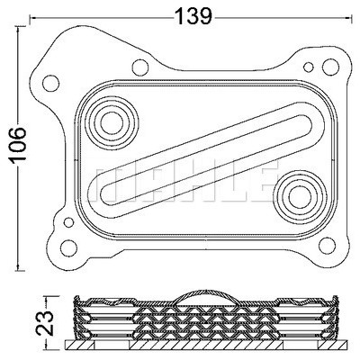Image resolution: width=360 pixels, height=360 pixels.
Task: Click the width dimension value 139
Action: tap(193, 15)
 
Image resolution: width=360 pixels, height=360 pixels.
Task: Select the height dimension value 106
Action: tap(18, 146)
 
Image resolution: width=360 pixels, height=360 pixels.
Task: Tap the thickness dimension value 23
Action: tap(45, 322)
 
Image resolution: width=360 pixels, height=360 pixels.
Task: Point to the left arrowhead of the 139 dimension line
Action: tap(33, 17)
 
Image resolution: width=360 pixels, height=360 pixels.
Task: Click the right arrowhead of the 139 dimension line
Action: tap(348, 17)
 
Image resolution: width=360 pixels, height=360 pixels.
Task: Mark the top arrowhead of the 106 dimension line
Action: tap(20, 30)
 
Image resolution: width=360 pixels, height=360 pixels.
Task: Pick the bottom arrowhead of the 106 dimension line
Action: tap(20, 267)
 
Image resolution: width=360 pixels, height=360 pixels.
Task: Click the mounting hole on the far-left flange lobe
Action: tap(50, 83)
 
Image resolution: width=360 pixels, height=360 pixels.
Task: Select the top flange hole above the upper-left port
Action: tap(140, 67)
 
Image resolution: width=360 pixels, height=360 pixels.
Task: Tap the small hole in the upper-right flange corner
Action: tap(309, 67)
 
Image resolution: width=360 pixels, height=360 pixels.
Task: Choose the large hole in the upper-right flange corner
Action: tap(330, 67)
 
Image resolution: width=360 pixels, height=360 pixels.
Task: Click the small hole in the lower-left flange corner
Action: tap(68, 222)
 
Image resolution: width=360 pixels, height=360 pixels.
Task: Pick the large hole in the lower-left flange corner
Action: tap(68, 247)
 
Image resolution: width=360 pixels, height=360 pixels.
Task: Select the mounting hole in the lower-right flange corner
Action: tap(327, 246)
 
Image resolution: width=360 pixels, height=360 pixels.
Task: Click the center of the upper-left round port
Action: tap(112, 123)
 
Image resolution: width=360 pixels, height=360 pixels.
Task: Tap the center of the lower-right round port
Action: tap(300, 197)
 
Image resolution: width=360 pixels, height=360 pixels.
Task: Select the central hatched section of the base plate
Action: tap(207, 345)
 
